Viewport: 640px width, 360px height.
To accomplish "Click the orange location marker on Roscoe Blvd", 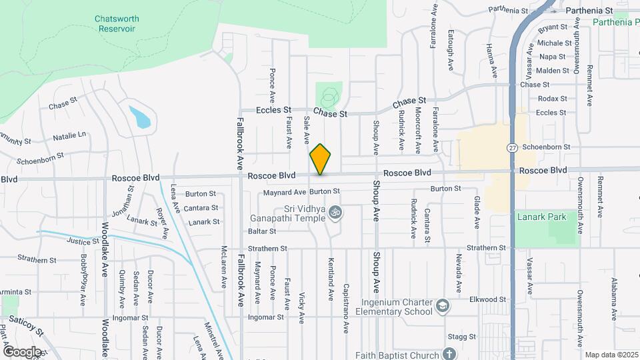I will (321, 159).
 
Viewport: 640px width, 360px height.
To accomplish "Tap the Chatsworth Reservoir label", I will (117, 24).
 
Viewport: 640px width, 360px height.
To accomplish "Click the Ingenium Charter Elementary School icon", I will (441, 307).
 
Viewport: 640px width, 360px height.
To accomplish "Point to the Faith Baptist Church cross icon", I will (449, 354).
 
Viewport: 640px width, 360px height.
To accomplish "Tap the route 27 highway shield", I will (512, 147).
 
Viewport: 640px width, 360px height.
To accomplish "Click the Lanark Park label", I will (541, 217).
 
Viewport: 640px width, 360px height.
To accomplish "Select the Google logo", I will (22, 351).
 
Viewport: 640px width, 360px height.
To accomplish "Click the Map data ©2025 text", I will (611, 355).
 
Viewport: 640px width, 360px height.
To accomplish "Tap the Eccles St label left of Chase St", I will (275, 110).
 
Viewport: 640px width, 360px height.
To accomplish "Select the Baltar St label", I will (262, 231).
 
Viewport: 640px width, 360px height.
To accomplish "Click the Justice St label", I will (78, 242).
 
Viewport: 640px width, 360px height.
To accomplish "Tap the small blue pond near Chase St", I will (139, 117).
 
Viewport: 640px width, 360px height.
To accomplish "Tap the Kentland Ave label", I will (331, 278).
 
